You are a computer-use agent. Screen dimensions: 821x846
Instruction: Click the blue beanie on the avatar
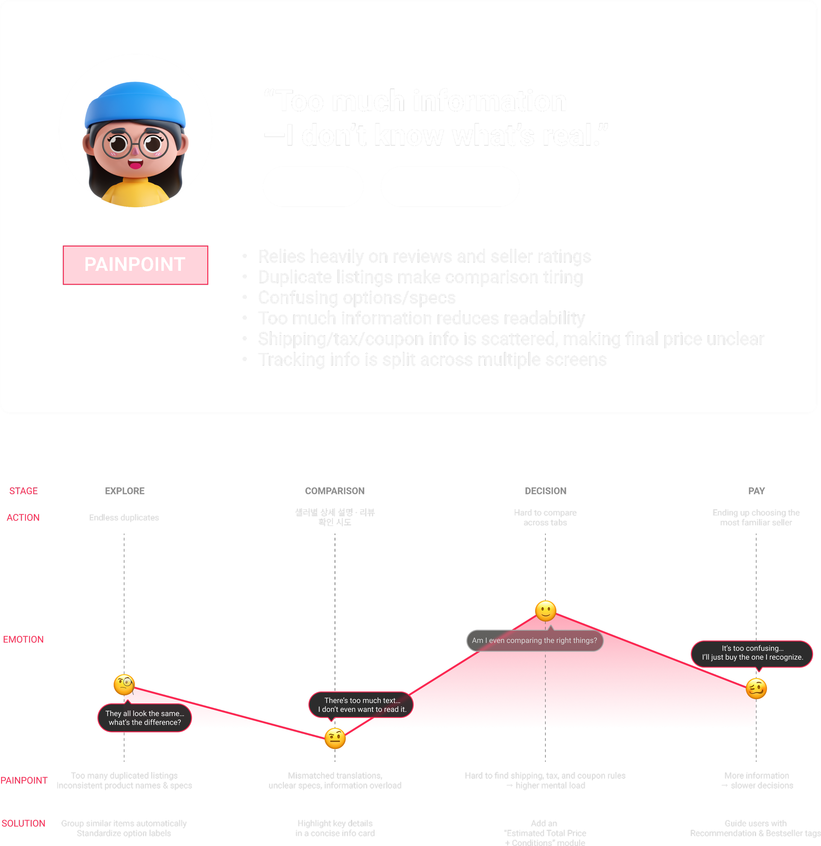point(135,103)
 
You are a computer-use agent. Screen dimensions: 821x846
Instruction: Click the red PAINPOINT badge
point(135,265)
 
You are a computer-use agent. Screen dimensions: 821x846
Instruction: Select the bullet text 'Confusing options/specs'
point(357,298)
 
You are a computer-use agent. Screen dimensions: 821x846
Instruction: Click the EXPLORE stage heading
point(125,491)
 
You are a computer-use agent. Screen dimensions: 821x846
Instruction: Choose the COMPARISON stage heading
point(335,491)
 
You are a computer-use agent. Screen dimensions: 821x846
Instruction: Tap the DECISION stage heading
point(545,491)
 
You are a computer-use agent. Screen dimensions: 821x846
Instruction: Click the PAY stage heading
point(756,491)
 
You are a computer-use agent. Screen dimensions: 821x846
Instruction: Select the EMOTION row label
point(23,639)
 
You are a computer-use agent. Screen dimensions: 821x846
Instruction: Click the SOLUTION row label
point(23,823)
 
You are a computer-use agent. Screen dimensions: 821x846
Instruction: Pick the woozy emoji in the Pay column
point(756,688)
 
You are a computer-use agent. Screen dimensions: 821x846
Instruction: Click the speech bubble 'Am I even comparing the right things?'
point(534,640)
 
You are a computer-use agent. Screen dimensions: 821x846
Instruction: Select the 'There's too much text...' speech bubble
point(362,705)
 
